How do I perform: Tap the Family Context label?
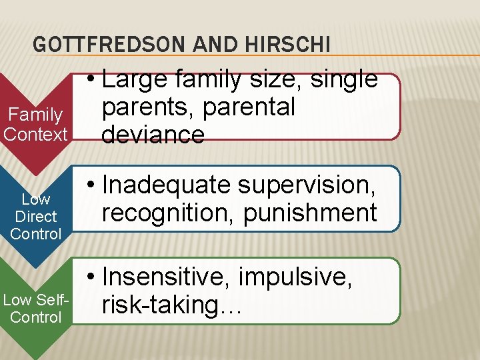click(x=35, y=125)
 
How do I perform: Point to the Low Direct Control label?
click(x=36, y=216)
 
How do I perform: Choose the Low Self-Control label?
click(x=35, y=308)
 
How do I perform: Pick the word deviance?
click(x=153, y=135)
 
